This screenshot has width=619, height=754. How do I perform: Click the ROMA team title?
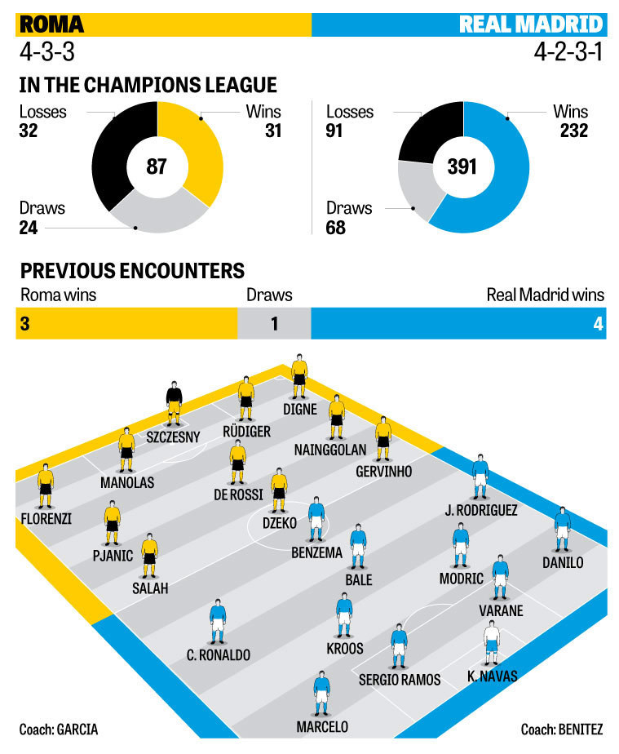click(x=51, y=24)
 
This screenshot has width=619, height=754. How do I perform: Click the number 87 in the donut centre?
click(x=157, y=167)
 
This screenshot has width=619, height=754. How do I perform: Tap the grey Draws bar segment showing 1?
click(x=274, y=324)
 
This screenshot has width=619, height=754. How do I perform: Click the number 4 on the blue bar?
click(x=598, y=324)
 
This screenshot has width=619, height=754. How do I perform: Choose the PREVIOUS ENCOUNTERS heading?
click(x=132, y=271)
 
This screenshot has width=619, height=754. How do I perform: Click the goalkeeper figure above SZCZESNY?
click(x=174, y=401)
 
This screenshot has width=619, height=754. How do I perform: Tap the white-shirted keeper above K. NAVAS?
click(x=491, y=642)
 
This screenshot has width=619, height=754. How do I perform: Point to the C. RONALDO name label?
click(x=218, y=654)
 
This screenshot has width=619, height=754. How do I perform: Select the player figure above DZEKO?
click(x=279, y=489)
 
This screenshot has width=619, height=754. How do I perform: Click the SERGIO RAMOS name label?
click(x=400, y=679)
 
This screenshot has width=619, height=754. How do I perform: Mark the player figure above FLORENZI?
click(x=46, y=486)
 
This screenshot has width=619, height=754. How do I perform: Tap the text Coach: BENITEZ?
click(x=562, y=729)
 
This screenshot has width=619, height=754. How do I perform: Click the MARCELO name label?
click(x=322, y=726)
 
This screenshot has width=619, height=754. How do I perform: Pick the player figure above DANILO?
click(x=563, y=528)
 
